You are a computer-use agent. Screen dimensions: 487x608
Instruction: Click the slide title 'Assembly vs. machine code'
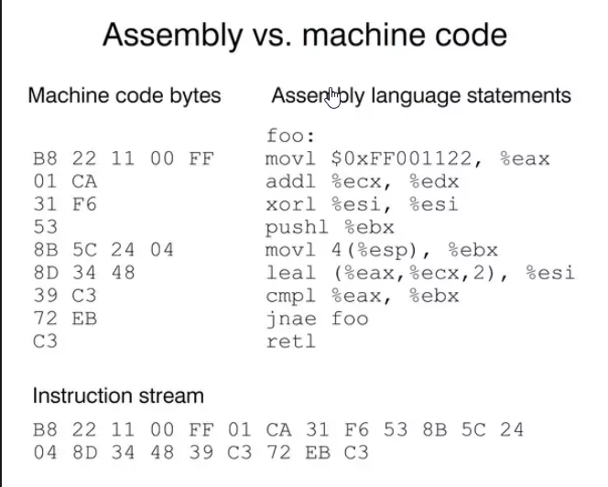(x=304, y=35)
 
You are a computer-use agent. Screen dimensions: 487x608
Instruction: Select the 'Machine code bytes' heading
(x=125, y=95)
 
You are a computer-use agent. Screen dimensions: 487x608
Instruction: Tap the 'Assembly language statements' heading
(x=420, y=95)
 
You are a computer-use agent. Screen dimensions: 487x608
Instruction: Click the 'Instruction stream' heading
(x=118, y=396)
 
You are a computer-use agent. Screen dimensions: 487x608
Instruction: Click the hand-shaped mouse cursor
(x=332, y=96)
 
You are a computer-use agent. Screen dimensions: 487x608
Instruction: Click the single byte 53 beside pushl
(x=44, y=227)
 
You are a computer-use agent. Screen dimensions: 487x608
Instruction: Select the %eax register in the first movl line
(x=525, y=159)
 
